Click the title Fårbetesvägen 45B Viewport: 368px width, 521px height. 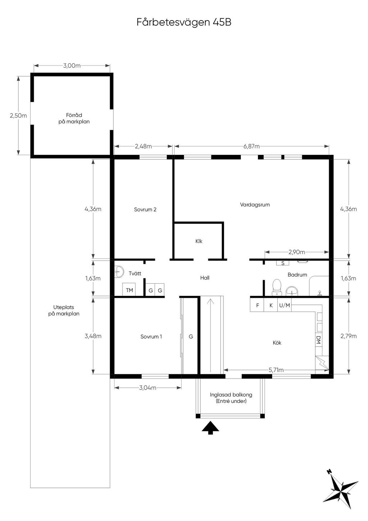tap(184, 22)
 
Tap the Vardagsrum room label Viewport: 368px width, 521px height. tap(255, 205)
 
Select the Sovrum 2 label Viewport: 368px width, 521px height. tap(145, 210)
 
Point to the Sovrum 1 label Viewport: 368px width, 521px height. tap(151, 337)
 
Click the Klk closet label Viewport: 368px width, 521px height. tap(199, 241)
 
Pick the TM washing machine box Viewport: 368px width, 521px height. tap(129, 290)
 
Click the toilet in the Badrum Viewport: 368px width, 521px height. tap(277, 287)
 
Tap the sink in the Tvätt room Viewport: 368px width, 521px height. tap(119, 271)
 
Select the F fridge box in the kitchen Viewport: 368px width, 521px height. tap(257, 305)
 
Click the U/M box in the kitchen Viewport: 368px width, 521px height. tap(284, 305)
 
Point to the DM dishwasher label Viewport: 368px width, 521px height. tap(318, 339)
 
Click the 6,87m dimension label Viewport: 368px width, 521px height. tap(252, 146)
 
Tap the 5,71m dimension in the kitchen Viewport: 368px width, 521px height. tap(276, 370)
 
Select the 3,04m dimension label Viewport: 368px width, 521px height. tap(148, 388)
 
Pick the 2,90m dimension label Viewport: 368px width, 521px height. tap(296, 252)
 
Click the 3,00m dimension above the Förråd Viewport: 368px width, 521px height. tap(72, 65)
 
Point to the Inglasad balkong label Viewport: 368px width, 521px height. tap(231, 395)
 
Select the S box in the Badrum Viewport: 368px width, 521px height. tap(283, 263)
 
